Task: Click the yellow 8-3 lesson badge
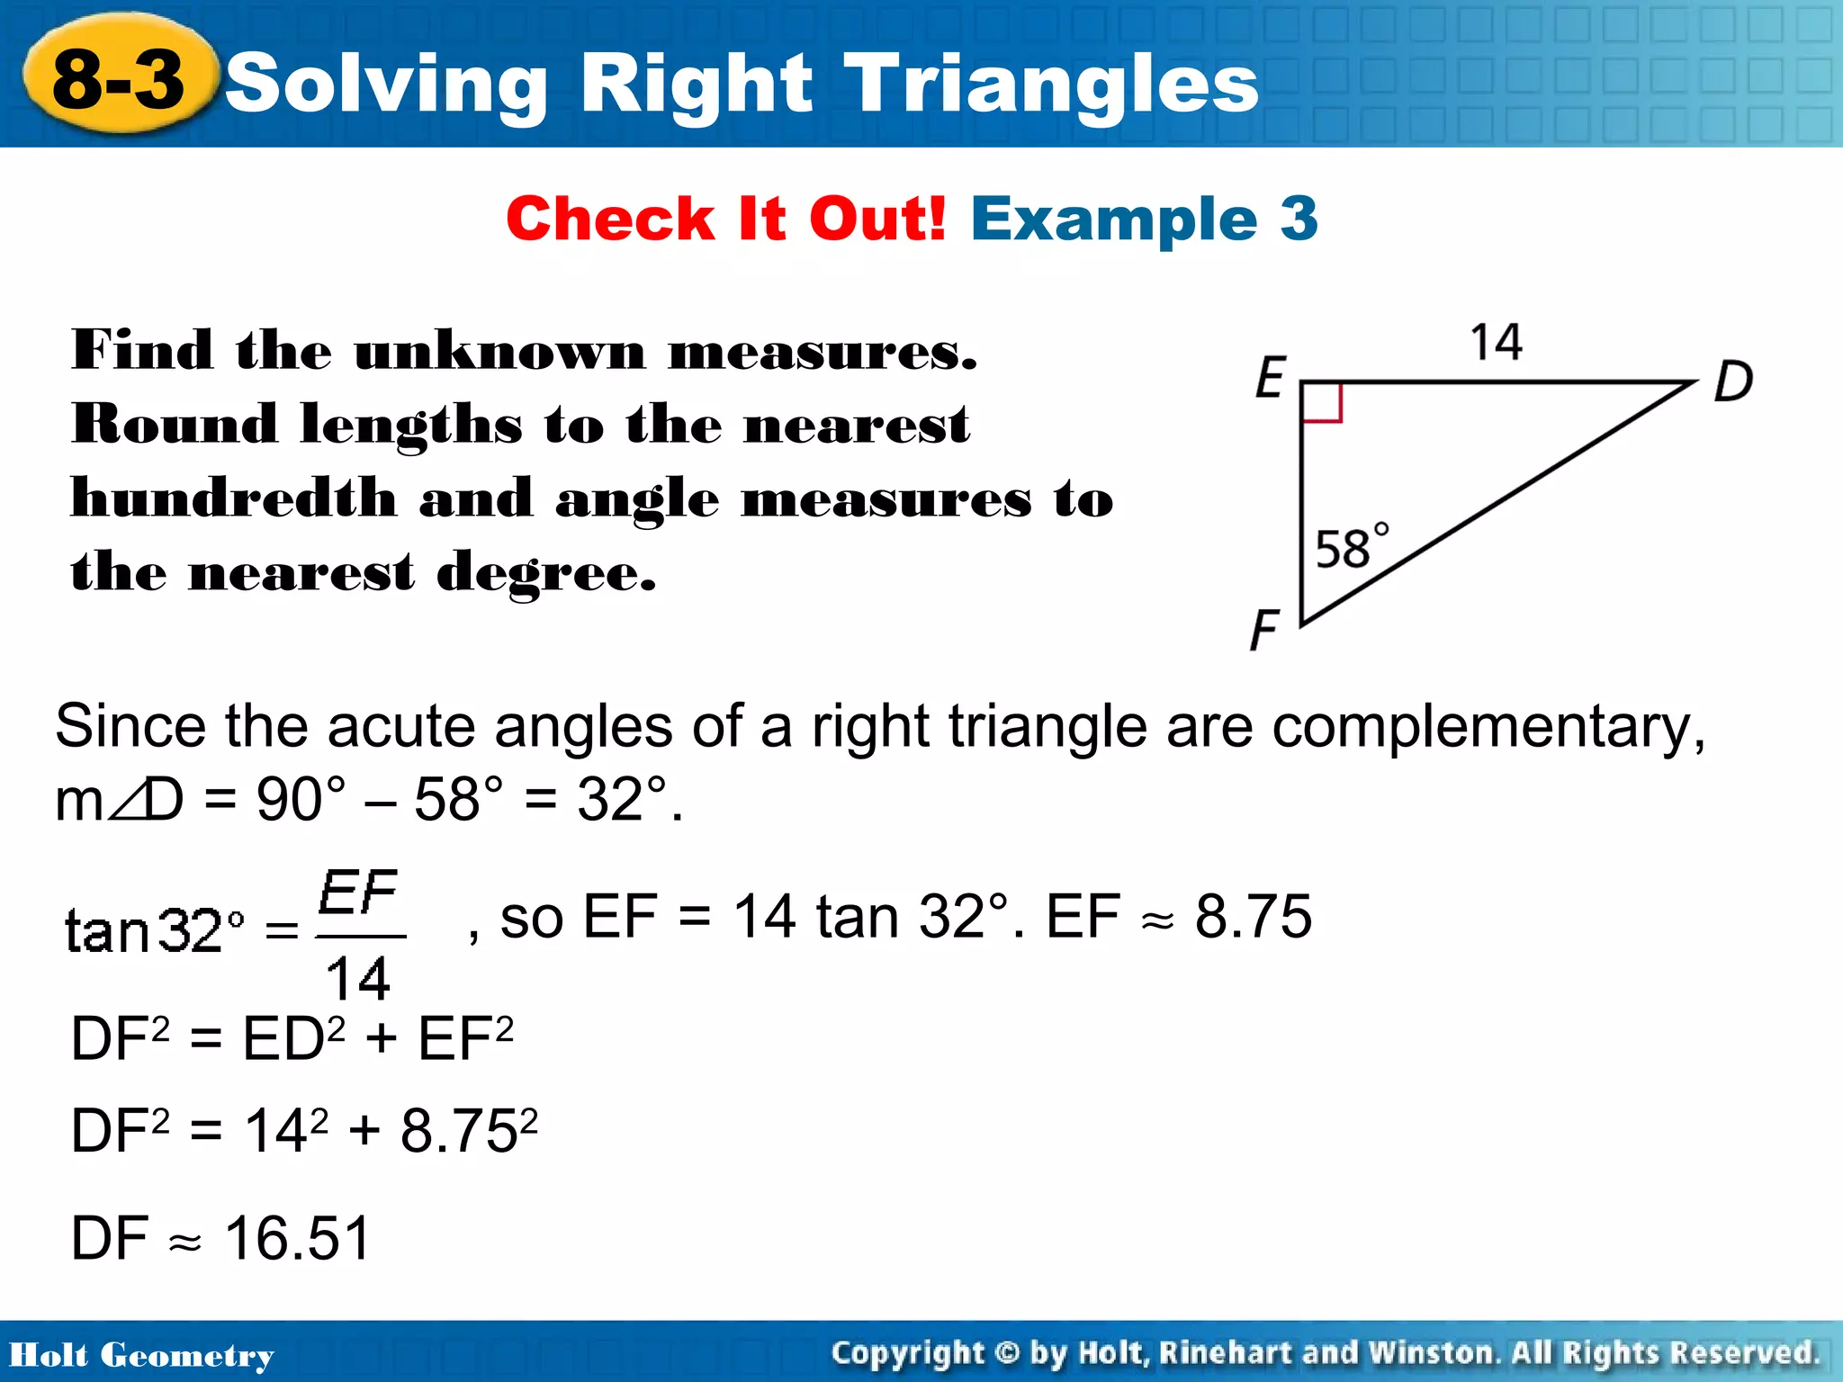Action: click(119, 79)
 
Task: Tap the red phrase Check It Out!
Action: click(725, 219)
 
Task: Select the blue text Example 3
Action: click(1144, 219)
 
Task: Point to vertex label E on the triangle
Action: click(1271, 377)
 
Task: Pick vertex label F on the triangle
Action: click(1264, 629)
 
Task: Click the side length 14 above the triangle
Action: click(1496, 343)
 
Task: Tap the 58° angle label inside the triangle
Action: click(1351, 546)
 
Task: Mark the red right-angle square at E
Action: click(1322, 402)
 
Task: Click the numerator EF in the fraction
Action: click(358, 893)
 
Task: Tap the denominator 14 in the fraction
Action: click(358, 978)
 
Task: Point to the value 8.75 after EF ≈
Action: click(1253, 917)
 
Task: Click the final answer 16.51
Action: click(297, 1238)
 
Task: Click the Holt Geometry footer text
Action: click(141, 1355)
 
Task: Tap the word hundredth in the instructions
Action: click(234, 498)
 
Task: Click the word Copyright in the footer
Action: click(907, 1352)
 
